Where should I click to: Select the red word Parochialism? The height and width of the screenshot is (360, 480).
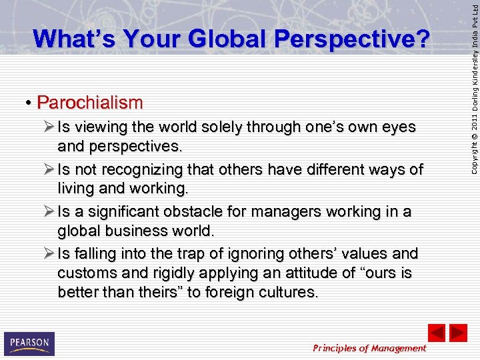90,103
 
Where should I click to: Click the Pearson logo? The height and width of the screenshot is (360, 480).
29,344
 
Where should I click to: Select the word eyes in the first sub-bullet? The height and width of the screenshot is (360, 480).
398,127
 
